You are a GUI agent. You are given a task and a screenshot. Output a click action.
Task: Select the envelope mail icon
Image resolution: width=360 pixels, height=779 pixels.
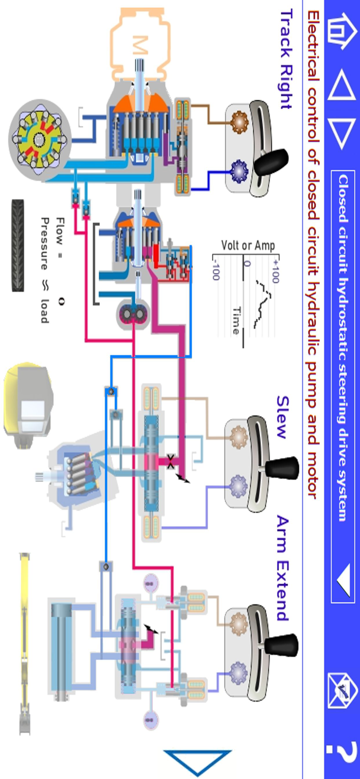coord(342,691)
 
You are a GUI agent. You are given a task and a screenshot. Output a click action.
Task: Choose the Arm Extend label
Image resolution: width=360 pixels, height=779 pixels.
coord(283,568)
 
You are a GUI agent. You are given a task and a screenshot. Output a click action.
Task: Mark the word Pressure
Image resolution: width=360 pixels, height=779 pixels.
coord(46,244)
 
